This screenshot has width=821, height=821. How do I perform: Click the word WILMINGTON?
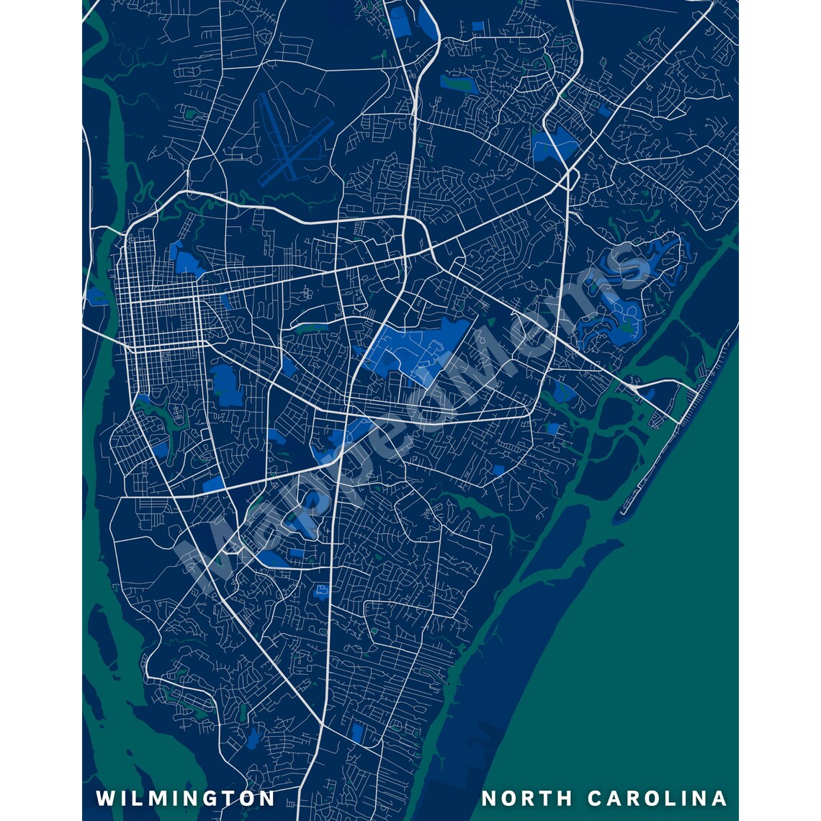pos(186,799)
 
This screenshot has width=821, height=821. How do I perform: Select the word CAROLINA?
pos(657,799)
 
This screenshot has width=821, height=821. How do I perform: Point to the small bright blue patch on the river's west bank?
pos(96,295)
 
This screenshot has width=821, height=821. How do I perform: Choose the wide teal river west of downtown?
pos(108,180)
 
